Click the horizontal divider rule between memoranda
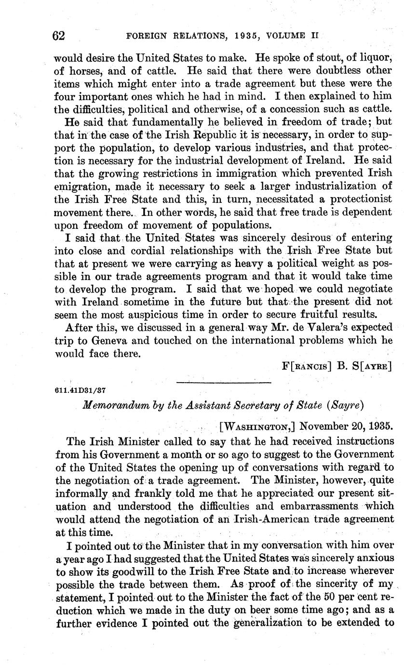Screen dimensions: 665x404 224,383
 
